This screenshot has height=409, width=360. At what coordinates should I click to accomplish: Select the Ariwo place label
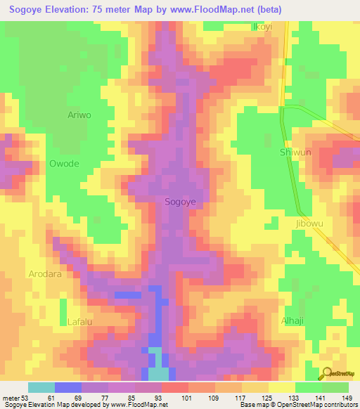tap(79, 115)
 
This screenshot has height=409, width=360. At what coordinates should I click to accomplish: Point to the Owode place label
tap(64, 164)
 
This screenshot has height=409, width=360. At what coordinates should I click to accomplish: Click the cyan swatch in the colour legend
tap(41, 388)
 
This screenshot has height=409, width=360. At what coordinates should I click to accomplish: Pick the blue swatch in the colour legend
tap(68, 388)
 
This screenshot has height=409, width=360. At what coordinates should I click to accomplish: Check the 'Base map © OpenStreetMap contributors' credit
tap(297, 405)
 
